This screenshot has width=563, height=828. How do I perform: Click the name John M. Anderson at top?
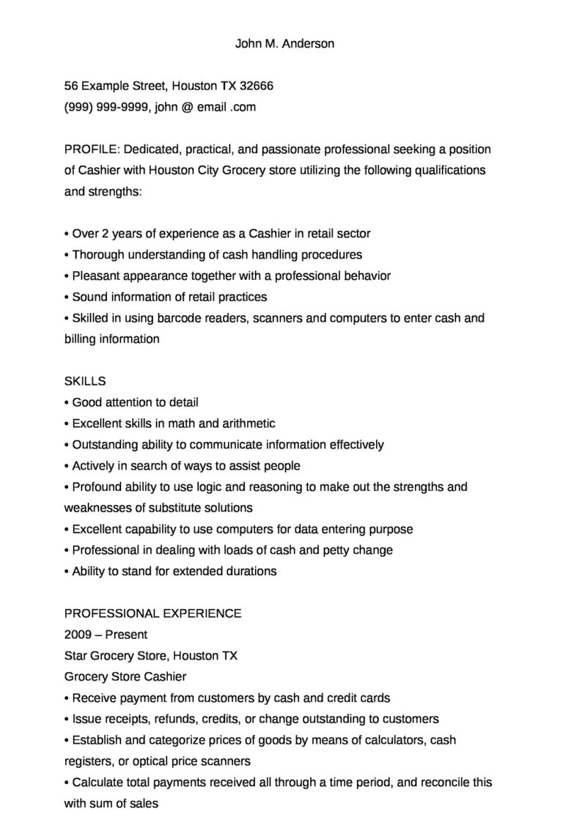(x=284, y=43)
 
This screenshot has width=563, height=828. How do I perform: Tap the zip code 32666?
(x=257, y=86)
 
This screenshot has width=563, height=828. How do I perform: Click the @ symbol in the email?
(x=186, y=107)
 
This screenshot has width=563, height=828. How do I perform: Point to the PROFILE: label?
(x=92, y=149)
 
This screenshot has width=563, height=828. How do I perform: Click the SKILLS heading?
(x=85, y=381)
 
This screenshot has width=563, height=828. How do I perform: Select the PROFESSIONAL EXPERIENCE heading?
(x=153, y=613)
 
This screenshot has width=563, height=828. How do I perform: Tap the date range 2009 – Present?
(x=106, y=635)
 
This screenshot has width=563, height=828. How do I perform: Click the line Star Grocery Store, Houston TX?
(x=151, y=656)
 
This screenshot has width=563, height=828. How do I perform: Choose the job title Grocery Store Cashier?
(x=125, y=677)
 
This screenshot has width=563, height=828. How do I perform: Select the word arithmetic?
(x=248, y=424)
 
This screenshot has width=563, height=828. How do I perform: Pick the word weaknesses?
(x=96, y=508)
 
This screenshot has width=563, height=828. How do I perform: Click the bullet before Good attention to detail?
(x=67, y=403)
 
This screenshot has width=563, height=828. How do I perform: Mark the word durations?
(x=251, y=572)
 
